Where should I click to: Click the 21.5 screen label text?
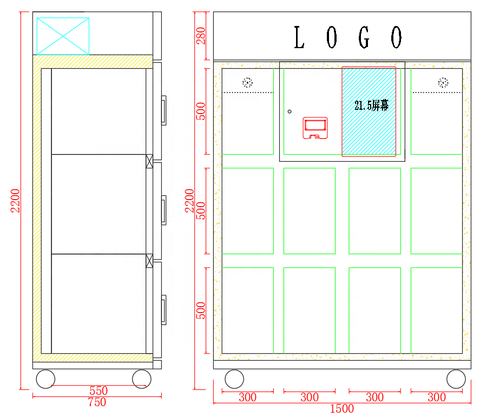371,105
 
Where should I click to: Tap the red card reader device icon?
315,128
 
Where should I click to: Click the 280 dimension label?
201,36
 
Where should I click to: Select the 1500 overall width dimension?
341,408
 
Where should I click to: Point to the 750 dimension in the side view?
97,402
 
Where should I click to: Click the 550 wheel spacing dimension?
98,390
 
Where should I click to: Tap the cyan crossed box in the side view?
63,36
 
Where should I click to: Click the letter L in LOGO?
299,37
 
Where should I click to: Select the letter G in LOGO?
364,37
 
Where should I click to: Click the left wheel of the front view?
234,379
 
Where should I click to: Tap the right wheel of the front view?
456,379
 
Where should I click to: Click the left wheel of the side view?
45,379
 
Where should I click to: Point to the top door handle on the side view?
164,110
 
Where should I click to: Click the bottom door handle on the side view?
164,309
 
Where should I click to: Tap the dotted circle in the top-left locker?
248,83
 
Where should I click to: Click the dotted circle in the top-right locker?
443,83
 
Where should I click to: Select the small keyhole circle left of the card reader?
290,111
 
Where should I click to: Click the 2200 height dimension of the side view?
15,201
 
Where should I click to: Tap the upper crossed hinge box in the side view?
149,161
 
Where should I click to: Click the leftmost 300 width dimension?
248,397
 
